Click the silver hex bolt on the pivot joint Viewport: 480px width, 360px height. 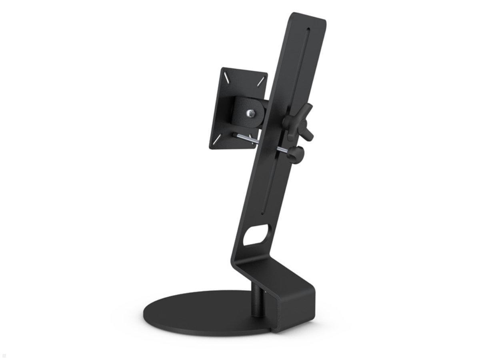click(250, 113)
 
